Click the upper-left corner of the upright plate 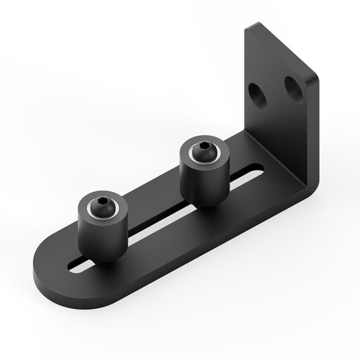click(x=247, y=28)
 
